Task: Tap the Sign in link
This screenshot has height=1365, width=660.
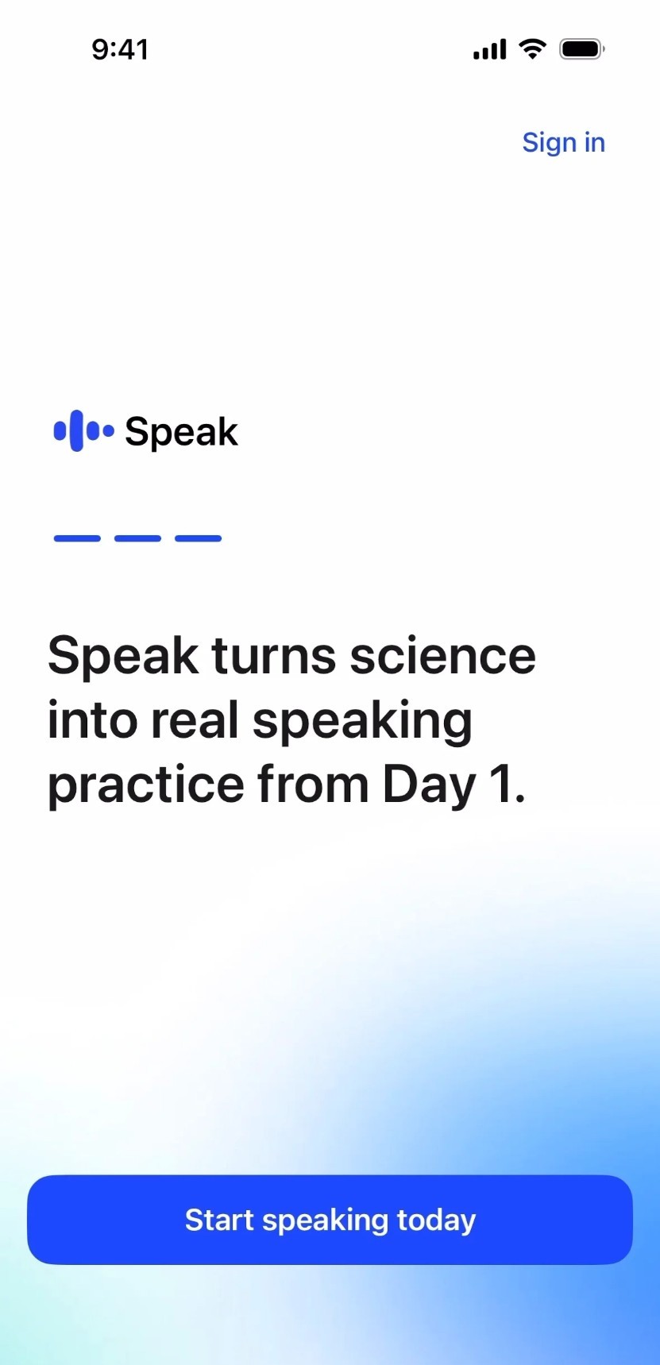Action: (x=563, y=143)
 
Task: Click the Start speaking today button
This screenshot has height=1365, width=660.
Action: (x=330, y=1220)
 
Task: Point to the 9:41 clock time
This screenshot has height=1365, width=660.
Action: (x=120, y=49)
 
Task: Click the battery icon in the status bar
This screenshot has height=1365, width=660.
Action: (x=582, y=49)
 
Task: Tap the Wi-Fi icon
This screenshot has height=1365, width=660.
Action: (x=532, y=48)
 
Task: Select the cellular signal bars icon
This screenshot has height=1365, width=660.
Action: (x=489, y=49)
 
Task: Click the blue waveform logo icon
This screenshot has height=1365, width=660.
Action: (x=83, y=431)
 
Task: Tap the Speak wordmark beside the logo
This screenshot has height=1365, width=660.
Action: (x=181, y=432)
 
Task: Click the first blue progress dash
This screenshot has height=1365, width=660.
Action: (x=77, y=538)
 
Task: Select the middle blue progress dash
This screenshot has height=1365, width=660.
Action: (x=137, y=538)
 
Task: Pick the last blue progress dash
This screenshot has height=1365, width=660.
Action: (x=198, y=538)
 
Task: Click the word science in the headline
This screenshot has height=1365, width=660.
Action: (x=442, y=656)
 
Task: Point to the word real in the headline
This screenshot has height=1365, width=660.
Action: (x=195, y=720)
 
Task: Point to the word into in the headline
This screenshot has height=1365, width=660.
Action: (x=92, y=720)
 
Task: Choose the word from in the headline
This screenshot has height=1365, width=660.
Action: (x=313, y=785)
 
